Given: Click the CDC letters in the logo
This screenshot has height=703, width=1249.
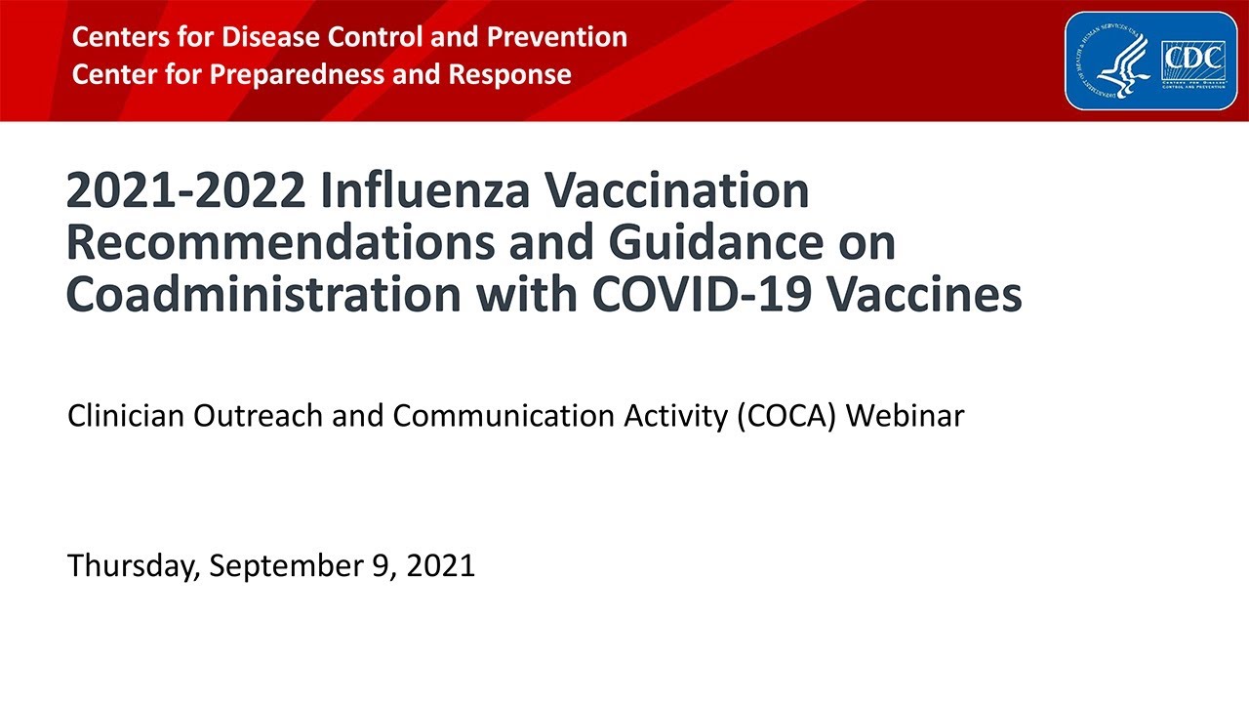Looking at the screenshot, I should [x=1192, y=59].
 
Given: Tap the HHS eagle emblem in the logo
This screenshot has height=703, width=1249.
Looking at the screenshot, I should [x=1122, y=62].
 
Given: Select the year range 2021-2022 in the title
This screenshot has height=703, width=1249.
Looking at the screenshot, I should [x=184, y=191].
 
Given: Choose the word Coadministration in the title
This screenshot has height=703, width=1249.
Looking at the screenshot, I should [x=262, y=295].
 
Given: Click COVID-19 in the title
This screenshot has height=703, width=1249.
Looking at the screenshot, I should [x=692, y=295].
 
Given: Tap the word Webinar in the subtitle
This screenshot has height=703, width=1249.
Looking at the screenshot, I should [x=905, y=416].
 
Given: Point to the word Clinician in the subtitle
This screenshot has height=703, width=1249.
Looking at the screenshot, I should [x=126, y=416].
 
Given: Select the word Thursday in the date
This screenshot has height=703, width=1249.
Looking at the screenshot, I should [x=132, y=565].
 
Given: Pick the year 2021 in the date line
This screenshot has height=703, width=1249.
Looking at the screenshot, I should [x=438, y=565].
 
